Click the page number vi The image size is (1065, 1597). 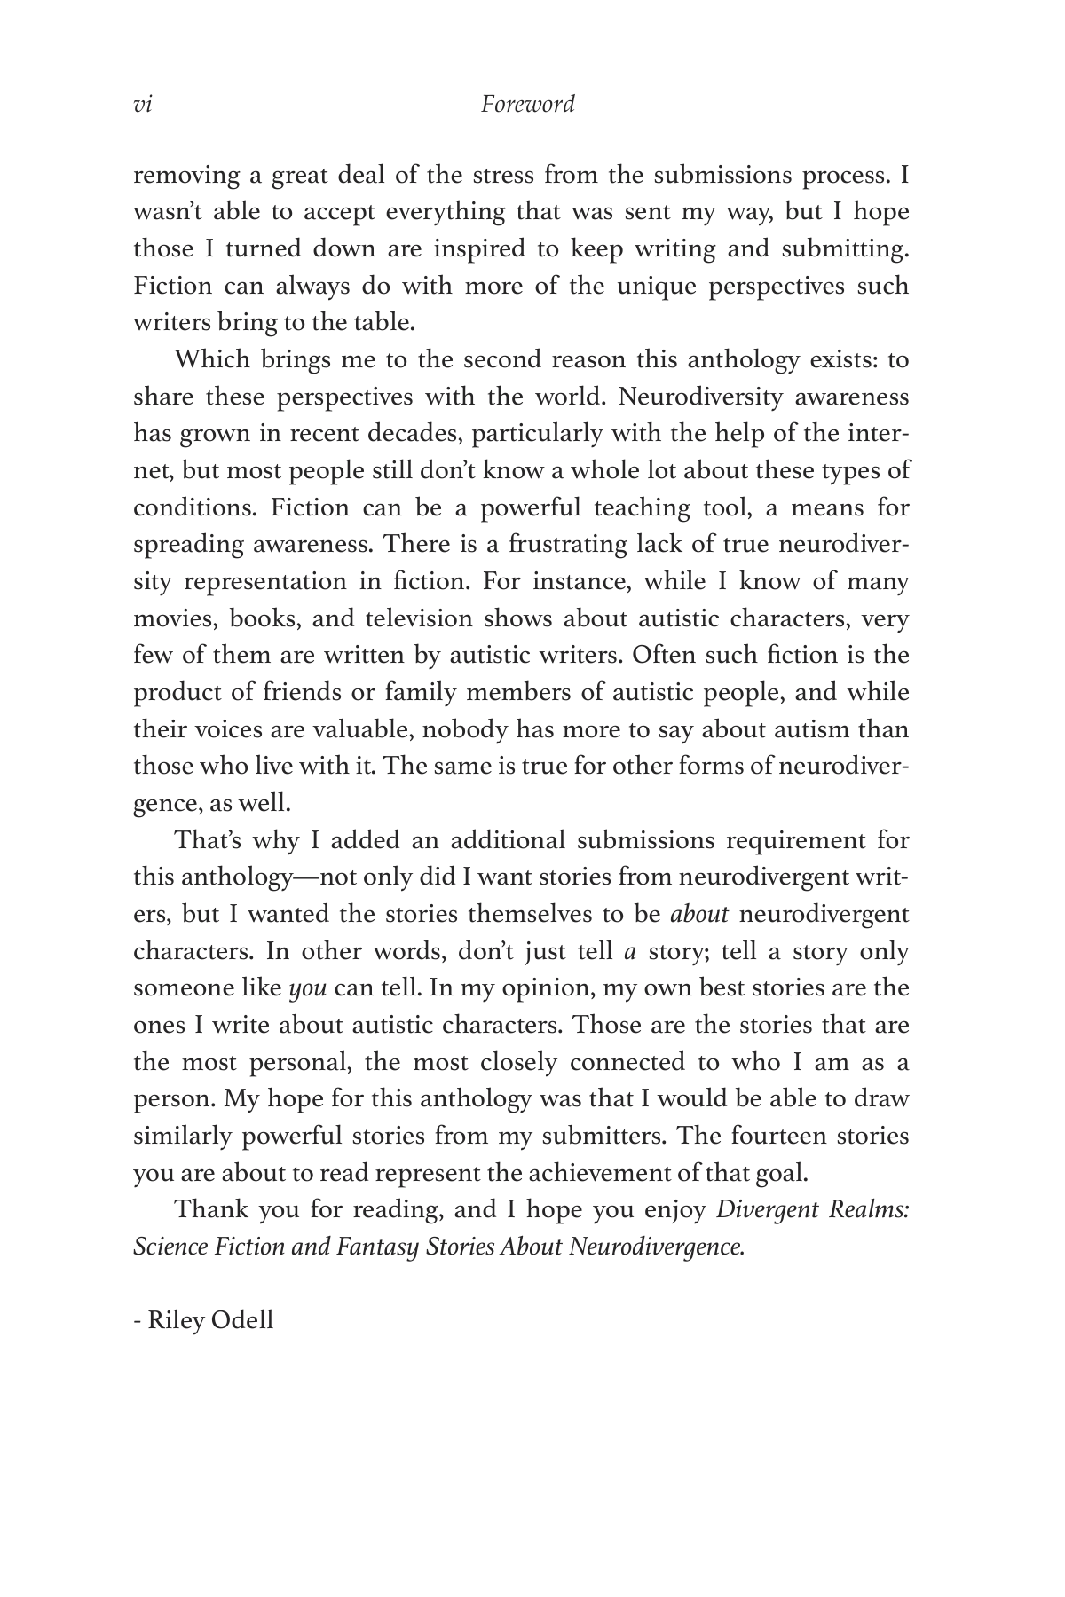(x=142, y=105)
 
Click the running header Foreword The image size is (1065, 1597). (x=527, y=105)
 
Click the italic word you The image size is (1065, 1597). (x=308, y=988)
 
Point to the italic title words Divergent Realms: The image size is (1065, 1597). (x=812, y=1210)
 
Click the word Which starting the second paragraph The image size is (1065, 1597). (x=211, y=360)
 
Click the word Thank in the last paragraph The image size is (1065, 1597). (x=211, y=1210)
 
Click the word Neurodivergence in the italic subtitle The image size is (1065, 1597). (x=655, y=1247)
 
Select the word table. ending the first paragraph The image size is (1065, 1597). (x=388, y=323)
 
